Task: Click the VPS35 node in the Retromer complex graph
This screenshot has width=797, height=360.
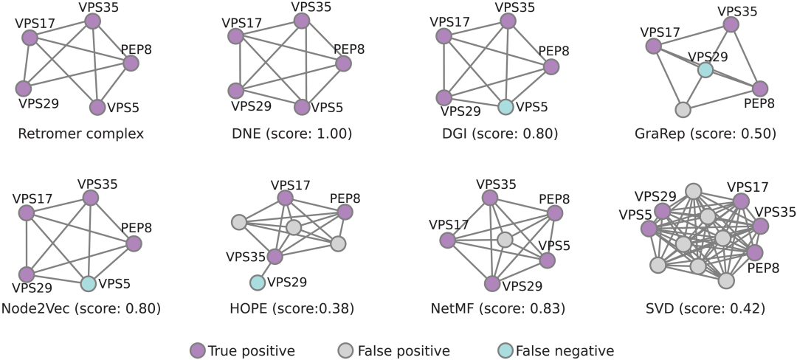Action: coord(92,21)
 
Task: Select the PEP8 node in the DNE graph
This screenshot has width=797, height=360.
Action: coord(342,63)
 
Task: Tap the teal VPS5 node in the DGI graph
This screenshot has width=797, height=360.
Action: coord(506,107)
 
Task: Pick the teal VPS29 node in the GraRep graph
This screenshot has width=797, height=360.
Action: coord(705,70)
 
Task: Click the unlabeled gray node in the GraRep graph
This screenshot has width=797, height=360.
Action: coord(683,110)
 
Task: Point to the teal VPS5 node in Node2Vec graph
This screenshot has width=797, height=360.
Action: coord(88,283)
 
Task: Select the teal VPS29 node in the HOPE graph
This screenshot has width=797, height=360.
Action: coord(257,283)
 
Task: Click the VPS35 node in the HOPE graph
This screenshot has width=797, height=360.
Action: coord(275,256)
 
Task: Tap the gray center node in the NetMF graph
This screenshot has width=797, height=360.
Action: coord(505,240)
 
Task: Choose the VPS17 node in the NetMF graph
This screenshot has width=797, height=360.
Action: coord(446,240)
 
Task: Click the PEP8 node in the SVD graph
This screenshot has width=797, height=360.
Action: coord(755,252)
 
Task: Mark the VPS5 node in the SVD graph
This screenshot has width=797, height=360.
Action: coord(649,229)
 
